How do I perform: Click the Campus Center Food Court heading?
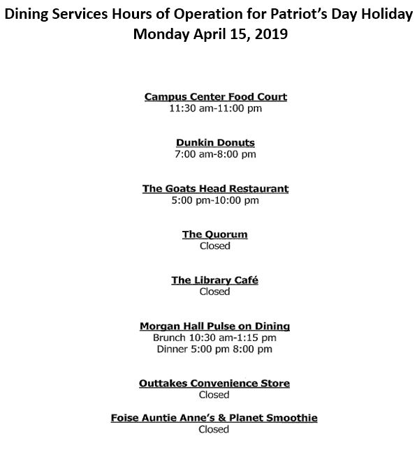click(x=215, y=97)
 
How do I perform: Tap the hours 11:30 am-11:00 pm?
click(x=215, y=109)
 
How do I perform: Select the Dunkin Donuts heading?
click(x=215, y=142)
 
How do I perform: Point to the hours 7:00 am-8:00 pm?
click(x=215, y=154)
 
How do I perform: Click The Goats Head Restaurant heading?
click(x=215, y=188)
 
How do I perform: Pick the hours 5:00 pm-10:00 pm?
click(x=215, y=200)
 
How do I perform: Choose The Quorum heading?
click(x=215, y=234)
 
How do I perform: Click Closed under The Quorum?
click(x=215, y=246)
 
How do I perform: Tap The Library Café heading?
click(x=215, y=280)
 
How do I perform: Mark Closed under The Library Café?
click(x=215, y=292)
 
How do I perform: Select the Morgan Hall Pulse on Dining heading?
click(x=215, y=326)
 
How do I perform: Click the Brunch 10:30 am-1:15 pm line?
click(x=215, y=338)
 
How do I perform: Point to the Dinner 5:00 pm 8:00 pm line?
click(x=215, y=349)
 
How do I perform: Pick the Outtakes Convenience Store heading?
click(x=215, y=384)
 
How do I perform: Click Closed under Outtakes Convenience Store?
click(x=215, y=395)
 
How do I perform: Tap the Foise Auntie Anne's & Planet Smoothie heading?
click(x=214, y=418)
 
